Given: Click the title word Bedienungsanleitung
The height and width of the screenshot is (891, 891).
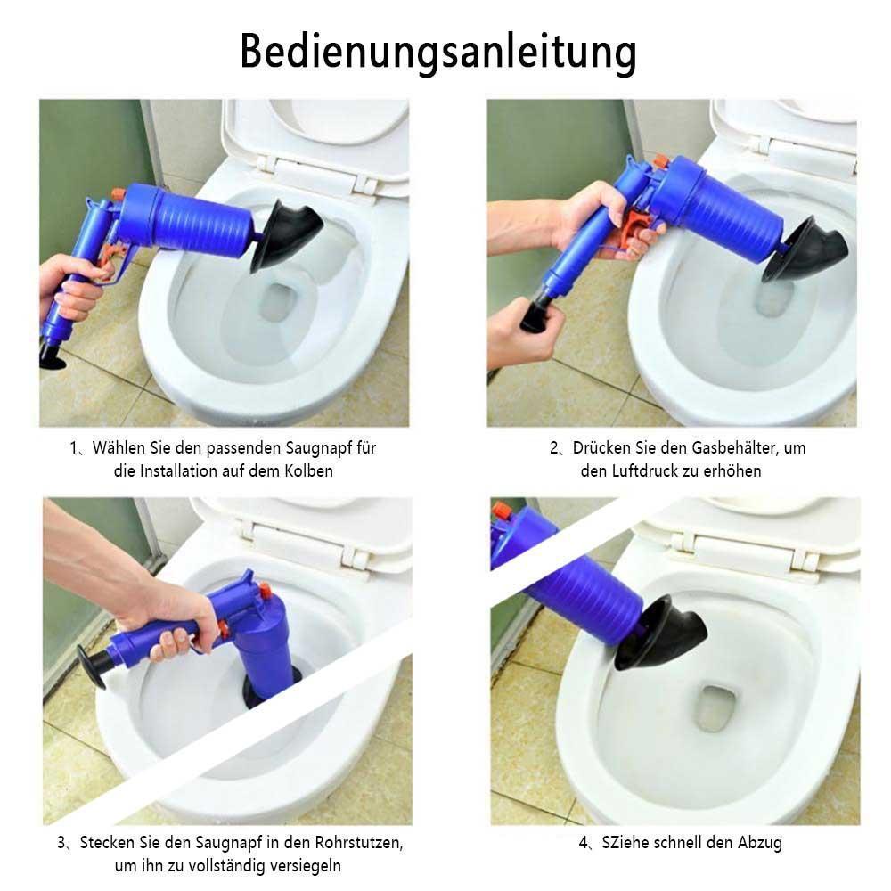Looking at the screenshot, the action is point(438,53).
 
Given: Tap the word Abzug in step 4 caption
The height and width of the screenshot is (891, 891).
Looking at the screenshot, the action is point(760,843).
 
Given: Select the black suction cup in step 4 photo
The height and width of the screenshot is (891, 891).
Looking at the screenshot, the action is point(662,633).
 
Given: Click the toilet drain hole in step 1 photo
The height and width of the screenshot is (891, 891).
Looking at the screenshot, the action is point(277,302).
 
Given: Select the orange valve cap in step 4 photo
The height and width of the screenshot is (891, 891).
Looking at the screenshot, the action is point(500,511).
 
